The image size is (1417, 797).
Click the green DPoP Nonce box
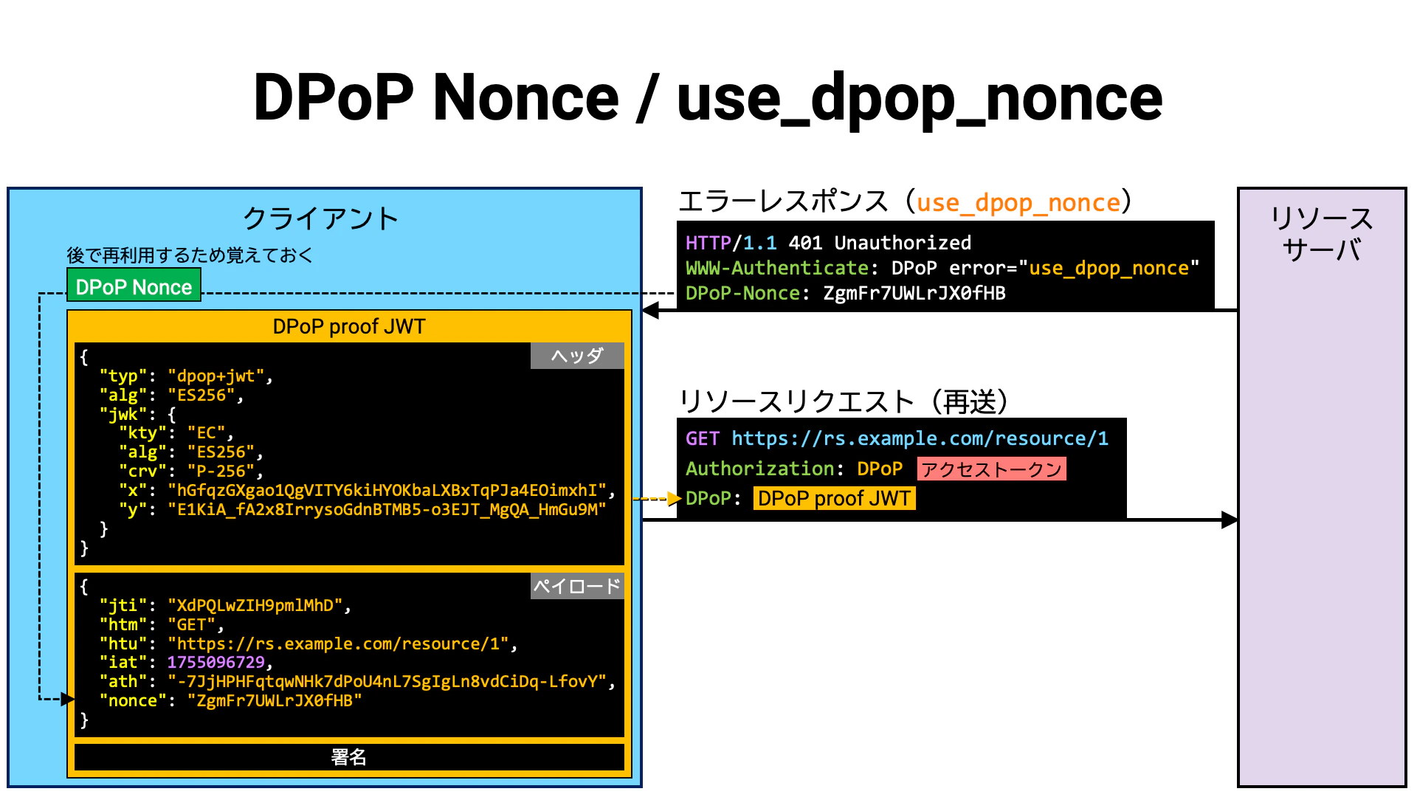(x=134, y=286)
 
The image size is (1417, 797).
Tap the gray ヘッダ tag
(x=577, y=356)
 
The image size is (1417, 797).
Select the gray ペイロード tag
(x=577, y=586)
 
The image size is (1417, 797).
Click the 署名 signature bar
(x=349, y=757)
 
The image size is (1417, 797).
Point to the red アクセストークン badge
(x=992, y=469)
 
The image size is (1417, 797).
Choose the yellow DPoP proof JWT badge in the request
(x=834, y=499)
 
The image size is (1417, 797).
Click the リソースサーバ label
(x=1322, y=234)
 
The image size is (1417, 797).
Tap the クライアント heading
(x=320, y=218)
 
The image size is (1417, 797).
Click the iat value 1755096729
(x=216, y=663)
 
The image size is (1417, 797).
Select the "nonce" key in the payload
(x=133, y=701)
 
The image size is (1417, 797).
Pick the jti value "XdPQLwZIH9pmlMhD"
(x=255, y=606)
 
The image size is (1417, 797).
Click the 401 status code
(x=805, y=243)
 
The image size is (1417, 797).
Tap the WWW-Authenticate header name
(x=777, y=268)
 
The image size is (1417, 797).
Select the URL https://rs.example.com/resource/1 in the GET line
(x=920, y=438)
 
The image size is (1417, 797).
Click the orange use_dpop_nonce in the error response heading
(x=1018, y=203)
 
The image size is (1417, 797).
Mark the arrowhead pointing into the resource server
(x=1230, y=520)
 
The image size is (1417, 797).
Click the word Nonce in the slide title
(x=525, y=97)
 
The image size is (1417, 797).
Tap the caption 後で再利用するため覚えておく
(x=190, y=255)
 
